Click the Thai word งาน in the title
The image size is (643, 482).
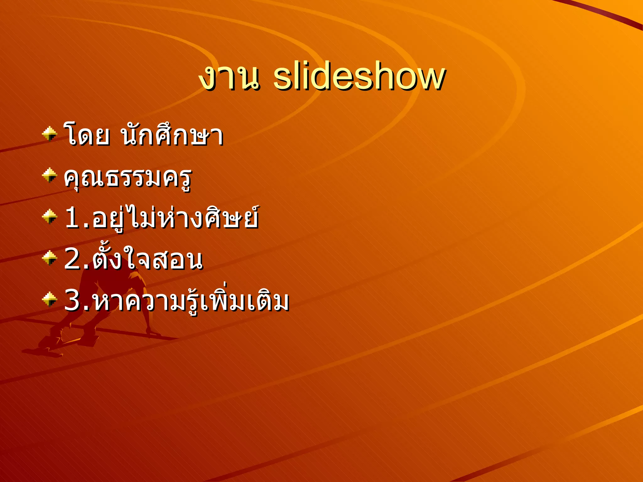pos(230,78)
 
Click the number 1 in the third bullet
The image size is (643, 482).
pos(72,218)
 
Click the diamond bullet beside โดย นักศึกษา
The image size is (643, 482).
pos(50,134)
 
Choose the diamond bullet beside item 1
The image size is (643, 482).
pos(50,217)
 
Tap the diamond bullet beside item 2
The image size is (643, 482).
pos(50,258)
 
